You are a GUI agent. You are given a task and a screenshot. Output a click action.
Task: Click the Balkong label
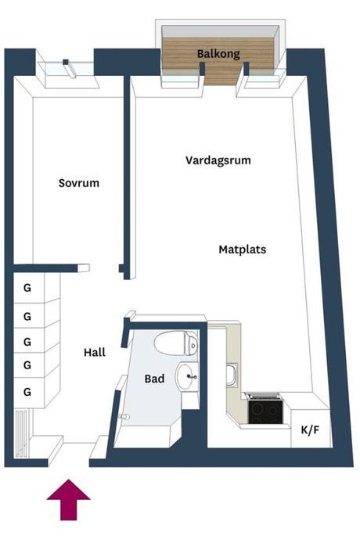[218, 54]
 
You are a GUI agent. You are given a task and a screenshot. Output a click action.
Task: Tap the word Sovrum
[79, 183]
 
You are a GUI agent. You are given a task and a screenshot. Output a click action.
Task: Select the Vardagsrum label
[218, 160]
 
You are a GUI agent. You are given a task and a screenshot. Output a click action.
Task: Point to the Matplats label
[243, 250]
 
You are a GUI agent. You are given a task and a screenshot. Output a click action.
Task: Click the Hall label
[95, 352]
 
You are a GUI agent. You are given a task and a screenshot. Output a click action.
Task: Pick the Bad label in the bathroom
[154, 379]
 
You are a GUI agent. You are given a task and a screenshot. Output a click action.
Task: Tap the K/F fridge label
[310, 429]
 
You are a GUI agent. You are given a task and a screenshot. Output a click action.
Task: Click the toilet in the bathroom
[176, 343]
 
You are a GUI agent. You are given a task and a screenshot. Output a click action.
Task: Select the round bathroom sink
[187, 376]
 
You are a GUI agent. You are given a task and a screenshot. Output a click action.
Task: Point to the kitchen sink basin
[232, 376]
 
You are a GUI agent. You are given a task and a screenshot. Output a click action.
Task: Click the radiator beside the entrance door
[21, 434]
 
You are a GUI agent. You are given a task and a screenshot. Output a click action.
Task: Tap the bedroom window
[65, 70]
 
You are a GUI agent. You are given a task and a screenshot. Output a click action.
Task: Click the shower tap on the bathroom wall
[124, 417]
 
